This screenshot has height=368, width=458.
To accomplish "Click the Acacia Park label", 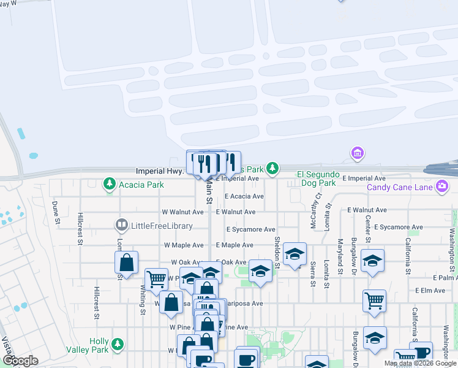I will (x=142, y=185).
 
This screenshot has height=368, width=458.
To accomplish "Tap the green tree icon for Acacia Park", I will (x=110, y=183).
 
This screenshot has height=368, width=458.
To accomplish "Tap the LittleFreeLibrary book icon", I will (x=122, y=226).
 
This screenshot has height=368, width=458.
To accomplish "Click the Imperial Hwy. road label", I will (x=159, y=171).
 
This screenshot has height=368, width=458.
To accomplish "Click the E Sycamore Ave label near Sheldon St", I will (x=250, y=229).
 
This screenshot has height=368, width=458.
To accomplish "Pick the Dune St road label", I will (x=55, y=212).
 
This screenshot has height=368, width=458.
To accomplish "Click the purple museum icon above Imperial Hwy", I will (x=357, y=152).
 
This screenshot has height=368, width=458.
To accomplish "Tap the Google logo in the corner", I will (x=20, y=361).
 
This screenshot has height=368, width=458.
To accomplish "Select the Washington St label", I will (x=452, y=243).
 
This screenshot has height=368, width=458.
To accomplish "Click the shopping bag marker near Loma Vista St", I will (x=126, y=263).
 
